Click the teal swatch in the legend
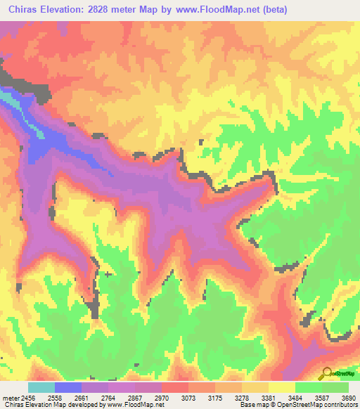pos(41,387)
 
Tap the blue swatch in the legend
pos(67,387)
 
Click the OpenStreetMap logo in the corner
pos(338,374)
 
